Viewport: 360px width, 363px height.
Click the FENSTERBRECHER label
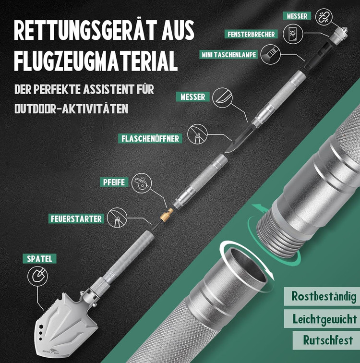point(251,34)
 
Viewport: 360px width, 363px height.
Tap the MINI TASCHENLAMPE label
point(228,55)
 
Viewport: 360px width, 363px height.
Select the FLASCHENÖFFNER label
point(150,139)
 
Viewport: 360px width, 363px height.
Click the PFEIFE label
point(114,182)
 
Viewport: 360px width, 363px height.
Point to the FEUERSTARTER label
point(76,219)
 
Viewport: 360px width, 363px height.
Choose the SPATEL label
point(39,259)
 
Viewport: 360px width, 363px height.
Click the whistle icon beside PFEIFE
point(142,183)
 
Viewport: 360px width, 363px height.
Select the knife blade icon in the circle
point(222,97)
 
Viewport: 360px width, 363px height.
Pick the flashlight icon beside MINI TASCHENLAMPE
point(270,54)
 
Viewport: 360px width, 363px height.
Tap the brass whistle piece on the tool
point(167,215)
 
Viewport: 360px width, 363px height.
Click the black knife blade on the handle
point(240,138)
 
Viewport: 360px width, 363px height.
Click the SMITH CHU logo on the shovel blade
point(51,351)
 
